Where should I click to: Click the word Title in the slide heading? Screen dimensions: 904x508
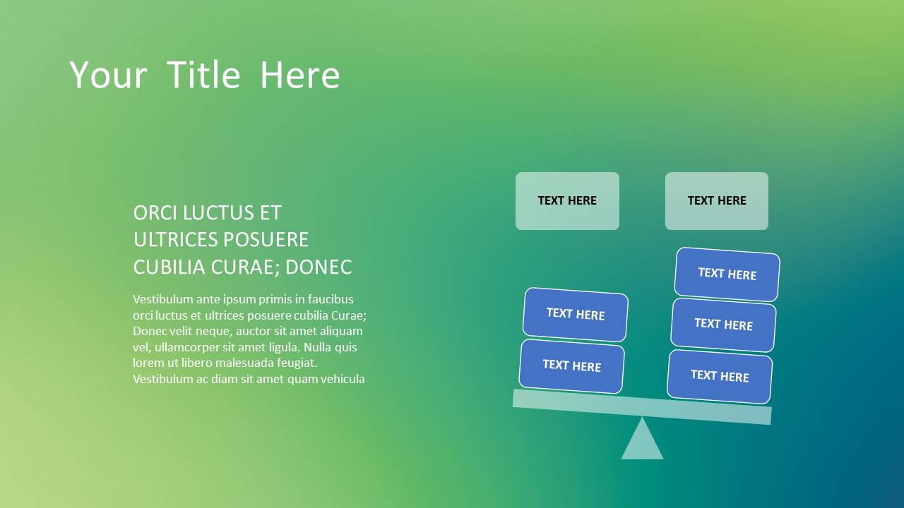coord(203,75)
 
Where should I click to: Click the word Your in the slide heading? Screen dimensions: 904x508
coord(108,75)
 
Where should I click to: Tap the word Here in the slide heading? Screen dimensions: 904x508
coord(300,75)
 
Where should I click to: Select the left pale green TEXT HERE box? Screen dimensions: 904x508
coord(567,201)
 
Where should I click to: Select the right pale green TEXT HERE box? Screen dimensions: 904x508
coord(717,201)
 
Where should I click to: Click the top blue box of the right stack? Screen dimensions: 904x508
coord(727,274)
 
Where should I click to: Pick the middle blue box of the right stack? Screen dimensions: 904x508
coord(723,325)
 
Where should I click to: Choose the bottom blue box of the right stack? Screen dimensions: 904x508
coord(720,376)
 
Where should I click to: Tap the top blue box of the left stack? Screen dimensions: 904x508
coord(575,315)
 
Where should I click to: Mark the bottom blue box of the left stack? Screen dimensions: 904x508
coord(571,366)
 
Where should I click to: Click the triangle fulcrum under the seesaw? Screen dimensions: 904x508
coord(642,439)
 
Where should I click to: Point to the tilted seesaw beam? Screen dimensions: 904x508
coord(642,407)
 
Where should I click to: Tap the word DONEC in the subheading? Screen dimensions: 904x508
coord(319,267)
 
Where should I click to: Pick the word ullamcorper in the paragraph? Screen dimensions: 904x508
coord(187,347)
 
